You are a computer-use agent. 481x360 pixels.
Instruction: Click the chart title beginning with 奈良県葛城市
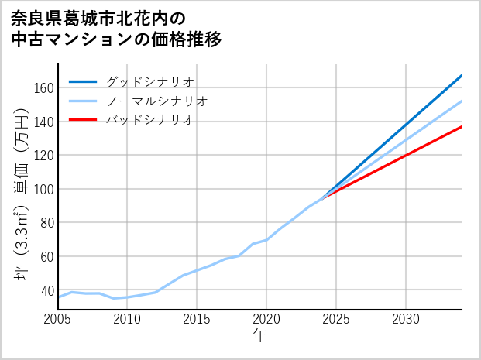[116, 29]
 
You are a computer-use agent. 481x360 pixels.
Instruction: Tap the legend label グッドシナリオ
[149, 81]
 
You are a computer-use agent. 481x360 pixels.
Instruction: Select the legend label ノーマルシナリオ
[156, 101]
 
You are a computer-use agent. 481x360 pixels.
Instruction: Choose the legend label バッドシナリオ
[149, 120]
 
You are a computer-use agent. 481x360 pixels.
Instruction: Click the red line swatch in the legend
[83, 120]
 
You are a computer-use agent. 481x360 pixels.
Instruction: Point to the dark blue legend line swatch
[83, 81]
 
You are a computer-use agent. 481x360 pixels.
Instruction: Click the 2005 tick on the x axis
[58, 319]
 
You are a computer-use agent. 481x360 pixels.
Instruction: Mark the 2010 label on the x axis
[127, 319]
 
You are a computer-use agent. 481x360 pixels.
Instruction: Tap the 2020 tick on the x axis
[266, 319]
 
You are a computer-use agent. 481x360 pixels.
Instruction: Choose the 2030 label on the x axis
[406, 319]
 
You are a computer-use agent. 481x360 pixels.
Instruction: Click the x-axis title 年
[259, 336]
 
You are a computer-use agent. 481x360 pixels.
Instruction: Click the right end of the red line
[461, 126]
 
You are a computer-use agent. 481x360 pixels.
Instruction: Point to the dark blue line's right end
[461, 76]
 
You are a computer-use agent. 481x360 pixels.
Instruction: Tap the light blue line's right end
[461, 101]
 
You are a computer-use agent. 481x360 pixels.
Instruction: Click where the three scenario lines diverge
[322, 197]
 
